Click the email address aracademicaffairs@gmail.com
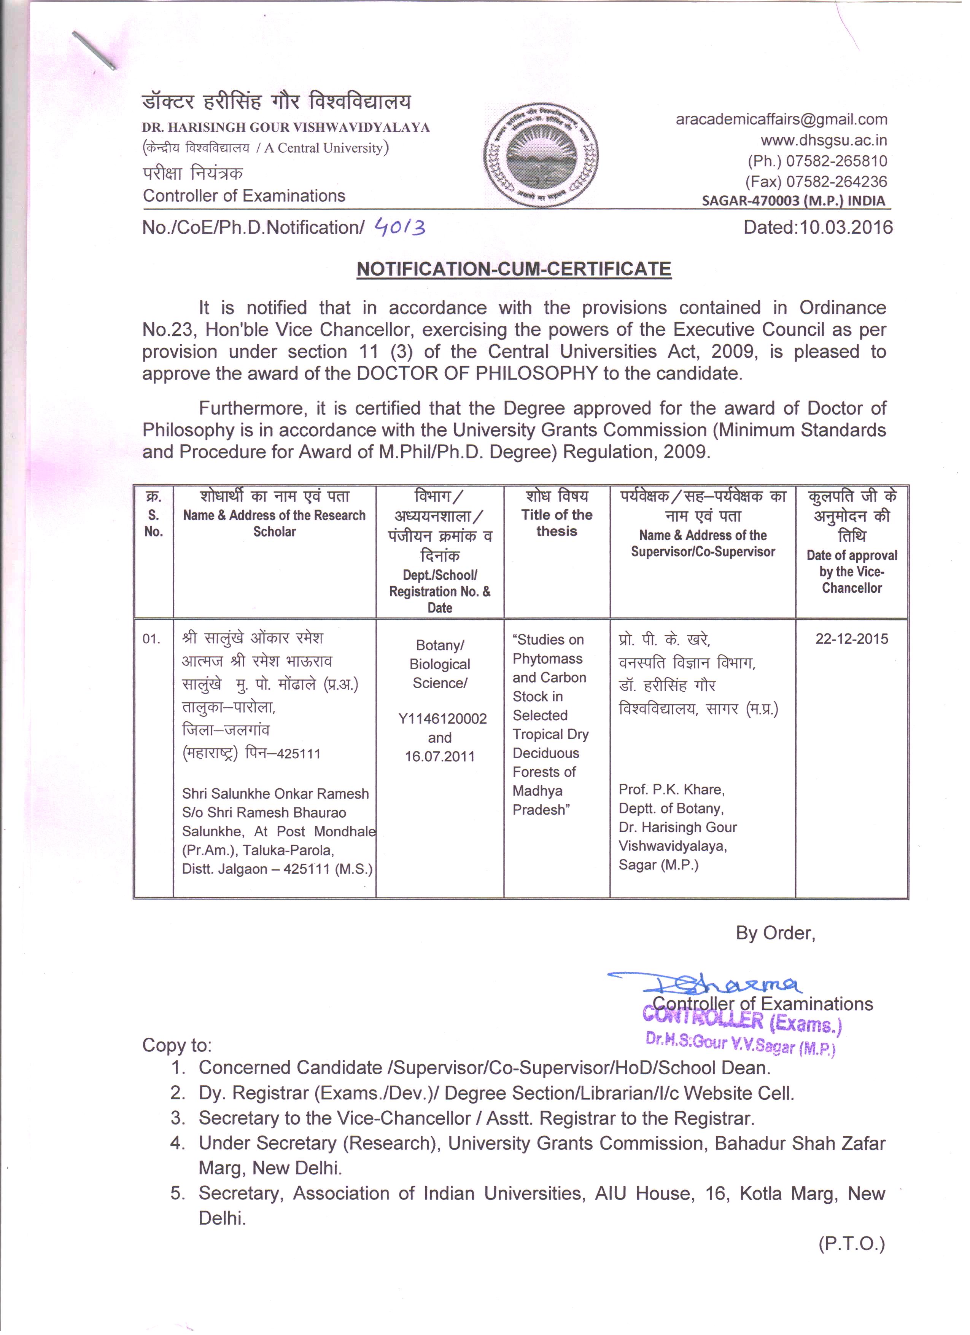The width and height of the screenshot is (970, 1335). click(x=781, y=120)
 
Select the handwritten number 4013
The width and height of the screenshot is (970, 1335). click(x=400, y=227)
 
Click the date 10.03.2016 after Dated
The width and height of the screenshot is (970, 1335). click(x=845, y=227)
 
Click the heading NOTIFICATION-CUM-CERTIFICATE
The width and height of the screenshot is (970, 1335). click(x=514, y=269)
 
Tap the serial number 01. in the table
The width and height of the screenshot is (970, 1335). click(x=151, y=639)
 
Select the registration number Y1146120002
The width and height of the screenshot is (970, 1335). click(x=442, y=719)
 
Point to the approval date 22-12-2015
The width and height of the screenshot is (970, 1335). click(x=851, y=639)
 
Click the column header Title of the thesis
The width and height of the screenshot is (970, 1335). click(x=557, y=523)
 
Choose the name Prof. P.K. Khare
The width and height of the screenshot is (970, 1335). click(x=671, y=790)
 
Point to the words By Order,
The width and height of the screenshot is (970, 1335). click(x=775, y=933)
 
